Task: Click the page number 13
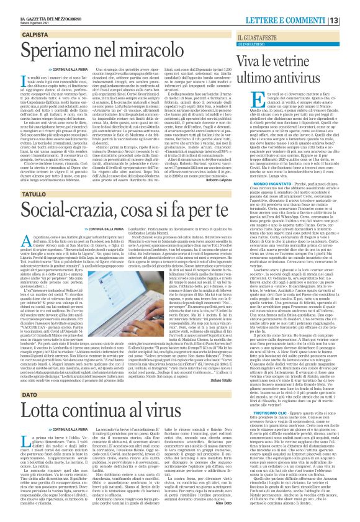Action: point(351,7)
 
